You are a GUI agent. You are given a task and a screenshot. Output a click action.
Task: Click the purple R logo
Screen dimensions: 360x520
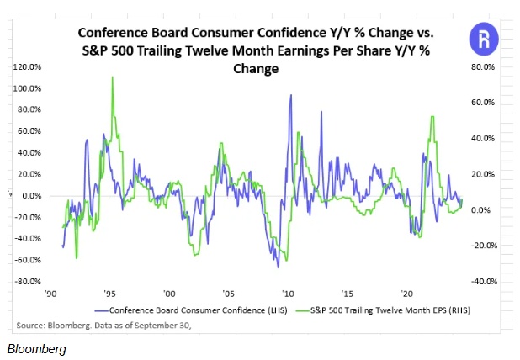click(483, 39)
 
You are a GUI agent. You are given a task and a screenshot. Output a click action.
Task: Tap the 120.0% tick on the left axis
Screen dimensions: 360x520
click(29, 66)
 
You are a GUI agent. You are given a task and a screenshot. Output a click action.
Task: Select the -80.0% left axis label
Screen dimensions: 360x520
click(27, 281)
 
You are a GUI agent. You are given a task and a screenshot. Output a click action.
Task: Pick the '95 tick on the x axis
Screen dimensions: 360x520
click(110, 294)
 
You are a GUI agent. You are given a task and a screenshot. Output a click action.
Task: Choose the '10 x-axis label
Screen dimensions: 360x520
click(289, 294)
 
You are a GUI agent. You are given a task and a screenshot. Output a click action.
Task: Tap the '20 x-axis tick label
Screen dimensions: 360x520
click(407, 294)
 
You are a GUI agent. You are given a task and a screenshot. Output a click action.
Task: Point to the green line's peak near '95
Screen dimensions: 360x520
click(112, 77)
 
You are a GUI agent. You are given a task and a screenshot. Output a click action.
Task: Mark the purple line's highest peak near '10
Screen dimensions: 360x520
click(290, 95)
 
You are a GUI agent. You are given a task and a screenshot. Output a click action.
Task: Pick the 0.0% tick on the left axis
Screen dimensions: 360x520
click(31, 195)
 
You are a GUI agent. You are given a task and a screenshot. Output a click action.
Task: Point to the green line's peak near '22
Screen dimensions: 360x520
click(432, 117)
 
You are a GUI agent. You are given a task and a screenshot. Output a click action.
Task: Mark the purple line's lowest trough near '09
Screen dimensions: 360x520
click(278, 267)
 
